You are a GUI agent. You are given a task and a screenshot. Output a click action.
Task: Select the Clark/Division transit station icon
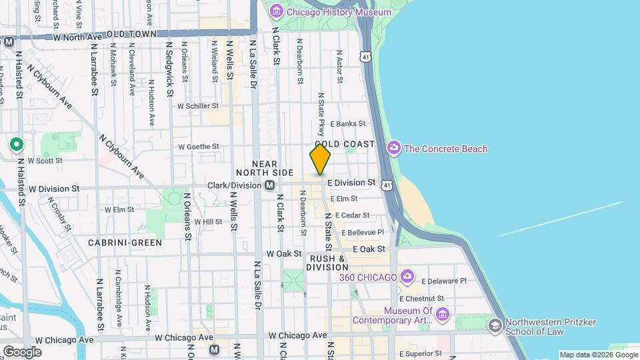pyautogui.click(x=269, y=185)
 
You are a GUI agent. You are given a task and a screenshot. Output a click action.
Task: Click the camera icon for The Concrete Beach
pyautogui.click(x=393, y=148)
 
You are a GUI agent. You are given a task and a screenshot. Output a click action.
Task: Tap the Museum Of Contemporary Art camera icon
pyautogui.click(x=442, y=314)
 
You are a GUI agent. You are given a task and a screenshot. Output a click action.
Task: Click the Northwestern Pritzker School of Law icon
pyautogui.click(x=495, y=325)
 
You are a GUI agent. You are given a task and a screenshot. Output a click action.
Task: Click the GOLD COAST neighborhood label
pyautogui.click(x=345, y=144)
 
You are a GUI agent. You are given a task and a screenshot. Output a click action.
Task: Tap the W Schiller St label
pyautogui.click(x=197, y=105)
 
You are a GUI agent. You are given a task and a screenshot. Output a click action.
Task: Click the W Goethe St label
pyautogui.click(x=198, y=147)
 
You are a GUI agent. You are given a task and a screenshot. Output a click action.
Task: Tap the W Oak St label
pyautogui.click(x=284, y=254)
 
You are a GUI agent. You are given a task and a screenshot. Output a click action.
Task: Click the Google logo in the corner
pyautogui.click(x=22, y=351)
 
